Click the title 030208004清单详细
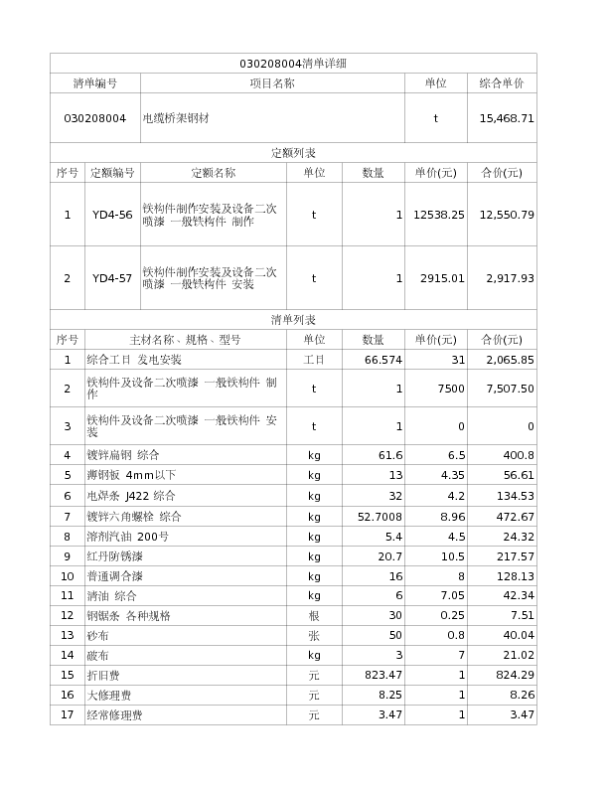pos(293,64)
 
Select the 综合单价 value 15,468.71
pos(507,118)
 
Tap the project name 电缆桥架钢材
pos(176,118)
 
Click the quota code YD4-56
pos(112,215)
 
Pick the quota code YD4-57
pos(112,278)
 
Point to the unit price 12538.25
pos(439,215)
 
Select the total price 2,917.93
pos(507,278)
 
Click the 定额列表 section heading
pos(293,153)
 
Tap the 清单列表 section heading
pos(293,320)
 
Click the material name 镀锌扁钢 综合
pos(123,455)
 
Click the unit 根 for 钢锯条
pos(314,616)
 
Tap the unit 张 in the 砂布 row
pos(314,635)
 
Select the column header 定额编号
pos(112,173)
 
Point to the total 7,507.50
pos(507,389)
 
